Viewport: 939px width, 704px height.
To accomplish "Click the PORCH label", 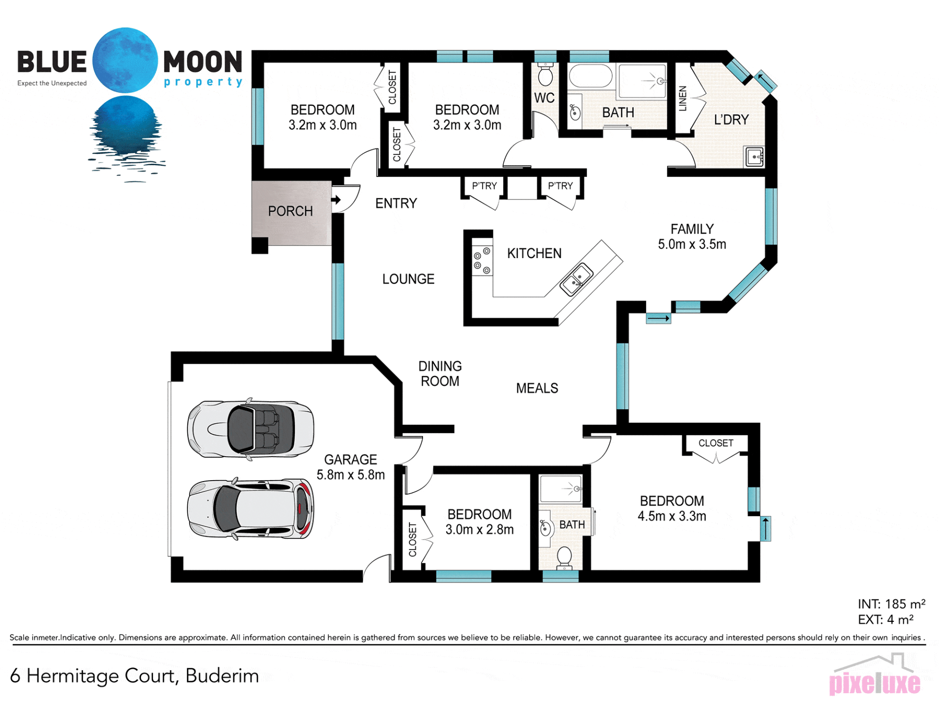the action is click(x=290, y=211).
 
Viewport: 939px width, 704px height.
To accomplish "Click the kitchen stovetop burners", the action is click(x=482, y=260).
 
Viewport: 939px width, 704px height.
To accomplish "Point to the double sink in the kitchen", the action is click(x=577, y=279).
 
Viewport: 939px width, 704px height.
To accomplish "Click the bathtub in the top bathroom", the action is click(x=591, y=76).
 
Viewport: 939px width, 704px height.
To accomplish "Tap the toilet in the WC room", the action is click(x=545, y=74).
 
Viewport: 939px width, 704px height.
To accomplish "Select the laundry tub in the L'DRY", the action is click(x=754, y=156).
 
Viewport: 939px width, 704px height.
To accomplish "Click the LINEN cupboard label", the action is click(x=683, y=98).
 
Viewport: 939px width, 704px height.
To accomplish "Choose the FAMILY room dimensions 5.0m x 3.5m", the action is click(x=692, y=244).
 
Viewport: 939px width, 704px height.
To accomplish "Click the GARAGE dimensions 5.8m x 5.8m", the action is click(x=350, y=475).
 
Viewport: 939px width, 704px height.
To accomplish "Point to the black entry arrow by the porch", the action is click(x=336, y=199).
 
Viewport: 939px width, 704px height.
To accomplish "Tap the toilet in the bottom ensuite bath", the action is click(x=564, y=558).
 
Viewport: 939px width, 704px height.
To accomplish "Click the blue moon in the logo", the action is click(x=125, y=60).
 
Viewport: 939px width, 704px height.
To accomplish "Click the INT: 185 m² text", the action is click(x=891, y=604).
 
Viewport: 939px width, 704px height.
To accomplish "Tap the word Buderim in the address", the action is click(x=222, y=676).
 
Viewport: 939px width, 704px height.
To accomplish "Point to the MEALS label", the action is click(x=537, y=388).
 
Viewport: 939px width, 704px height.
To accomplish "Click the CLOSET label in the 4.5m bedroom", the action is click(x=715, y=443).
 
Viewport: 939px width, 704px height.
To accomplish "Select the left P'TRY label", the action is click(x=484, y=186).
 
